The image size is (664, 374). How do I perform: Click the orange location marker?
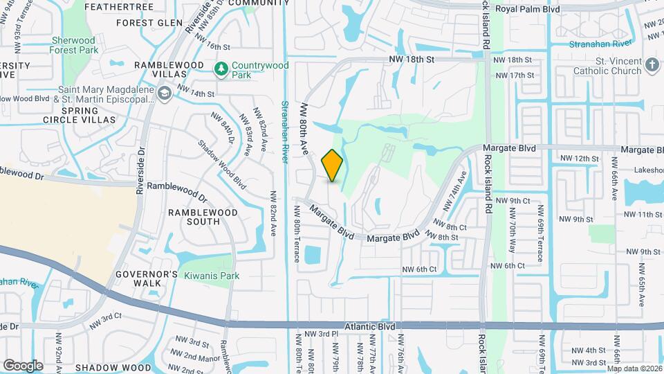[x=333, y=165]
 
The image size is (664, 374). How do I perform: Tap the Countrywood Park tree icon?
[x=221, y=69]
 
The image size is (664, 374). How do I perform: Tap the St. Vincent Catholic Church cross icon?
[x=651, y=65]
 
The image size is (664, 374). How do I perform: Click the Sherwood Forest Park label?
[x=73, y=45]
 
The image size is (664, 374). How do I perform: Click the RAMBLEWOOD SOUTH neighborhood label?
[x=194, y=216]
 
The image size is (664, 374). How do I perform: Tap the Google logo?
[x=23, y=365]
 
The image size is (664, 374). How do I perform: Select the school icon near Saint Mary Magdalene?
[x=164, y=93]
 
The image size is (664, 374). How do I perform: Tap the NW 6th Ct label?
[x=419, y=269]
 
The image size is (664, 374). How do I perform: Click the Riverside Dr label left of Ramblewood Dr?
[x=141, y=168]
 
